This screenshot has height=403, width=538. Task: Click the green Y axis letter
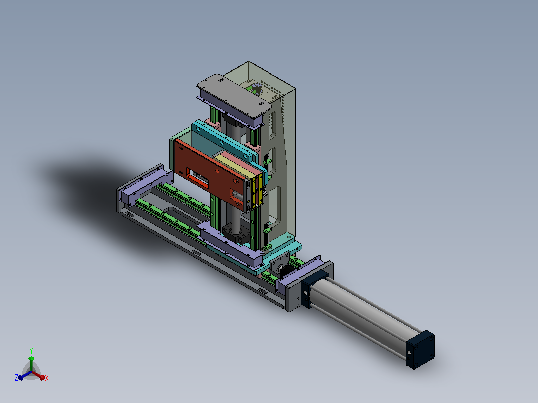31,351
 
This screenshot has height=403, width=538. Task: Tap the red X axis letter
47,378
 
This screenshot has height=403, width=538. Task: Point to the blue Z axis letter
16,377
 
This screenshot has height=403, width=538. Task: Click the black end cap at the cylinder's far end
420,350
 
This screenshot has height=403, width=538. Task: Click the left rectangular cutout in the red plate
197,178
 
